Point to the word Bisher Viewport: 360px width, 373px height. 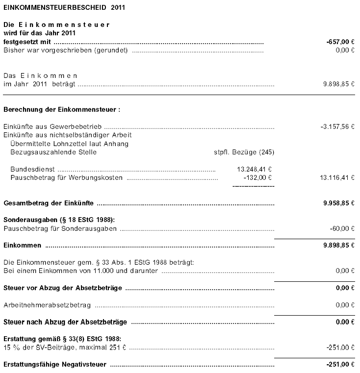pos(13,50)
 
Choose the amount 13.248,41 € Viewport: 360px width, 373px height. pos(254,169)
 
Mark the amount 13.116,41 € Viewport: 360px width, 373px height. pos(336,177)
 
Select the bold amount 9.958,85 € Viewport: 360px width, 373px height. pos(338,203)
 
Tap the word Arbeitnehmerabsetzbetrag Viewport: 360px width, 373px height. pos(47,305)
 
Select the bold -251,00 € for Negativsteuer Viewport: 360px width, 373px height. pos(340,365)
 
